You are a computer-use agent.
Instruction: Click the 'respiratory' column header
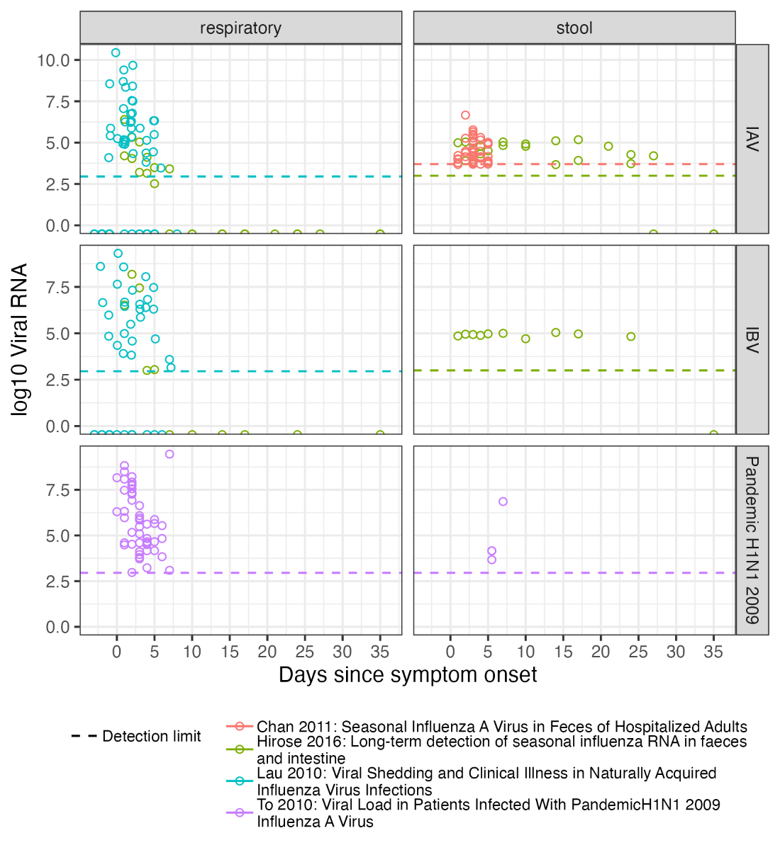[240, 28]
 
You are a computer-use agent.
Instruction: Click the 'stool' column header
[574, 28]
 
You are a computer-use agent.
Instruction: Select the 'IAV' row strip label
[752, 139]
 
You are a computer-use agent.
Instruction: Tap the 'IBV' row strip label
[752, 339]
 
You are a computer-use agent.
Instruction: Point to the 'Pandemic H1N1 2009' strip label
[752, 540]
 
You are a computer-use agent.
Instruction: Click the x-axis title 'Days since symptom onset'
[408, 675]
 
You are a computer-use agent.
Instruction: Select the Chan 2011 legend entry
[501, 727]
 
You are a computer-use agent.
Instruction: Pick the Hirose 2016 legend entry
[501, 749]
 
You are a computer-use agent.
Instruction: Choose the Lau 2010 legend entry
[486, 781]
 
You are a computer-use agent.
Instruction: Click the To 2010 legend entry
[488, 813]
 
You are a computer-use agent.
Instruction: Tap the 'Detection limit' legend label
[151, 737]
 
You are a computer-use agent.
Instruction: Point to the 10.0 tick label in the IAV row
[54, 60]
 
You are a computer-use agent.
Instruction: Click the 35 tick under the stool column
[713, 652]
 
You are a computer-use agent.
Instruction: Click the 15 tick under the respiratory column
[230, 652]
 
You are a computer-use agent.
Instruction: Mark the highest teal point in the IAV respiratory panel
[116, 52]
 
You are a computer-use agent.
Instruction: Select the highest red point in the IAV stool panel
[465, 115]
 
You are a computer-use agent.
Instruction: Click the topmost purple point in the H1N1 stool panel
[503, 501]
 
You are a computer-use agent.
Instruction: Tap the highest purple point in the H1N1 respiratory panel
[169, 454]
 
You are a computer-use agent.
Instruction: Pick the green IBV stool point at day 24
[631, 336]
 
